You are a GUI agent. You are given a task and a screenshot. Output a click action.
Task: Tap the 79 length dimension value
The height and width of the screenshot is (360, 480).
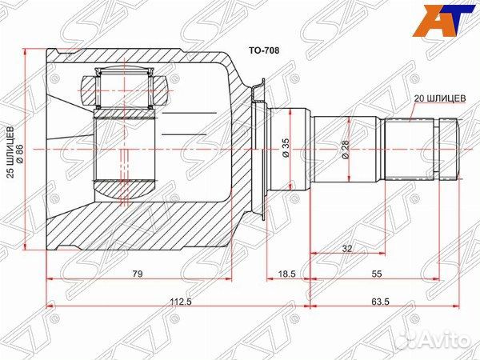[x=138, y=274]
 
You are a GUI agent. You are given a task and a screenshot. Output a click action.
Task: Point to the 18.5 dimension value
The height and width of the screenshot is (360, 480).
[x=287, y=274]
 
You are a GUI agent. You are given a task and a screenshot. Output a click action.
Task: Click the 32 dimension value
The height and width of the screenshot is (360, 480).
[x=347, y=249]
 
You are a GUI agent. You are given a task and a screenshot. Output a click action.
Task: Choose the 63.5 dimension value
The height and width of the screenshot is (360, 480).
[x=380, y=302]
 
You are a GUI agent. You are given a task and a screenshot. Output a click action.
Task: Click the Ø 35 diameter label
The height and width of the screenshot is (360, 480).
[x=284, y=147]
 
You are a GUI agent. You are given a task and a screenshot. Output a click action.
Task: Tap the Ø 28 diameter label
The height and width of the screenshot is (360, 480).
[x=346, y=147]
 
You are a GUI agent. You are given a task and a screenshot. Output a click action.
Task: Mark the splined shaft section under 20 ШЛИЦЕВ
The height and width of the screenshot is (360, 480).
[x=410, y=148]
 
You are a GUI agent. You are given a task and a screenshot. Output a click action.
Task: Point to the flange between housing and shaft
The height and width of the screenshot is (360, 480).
[x=258, y=148]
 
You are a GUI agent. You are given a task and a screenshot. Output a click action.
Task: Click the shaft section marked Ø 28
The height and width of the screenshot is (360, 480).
[x=330, y=148]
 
